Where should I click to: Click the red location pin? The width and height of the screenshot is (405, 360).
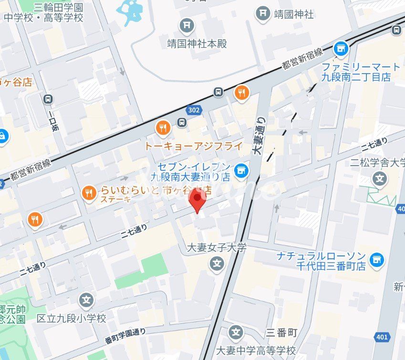point(197,200)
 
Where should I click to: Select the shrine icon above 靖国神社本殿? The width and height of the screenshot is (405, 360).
point(187,25)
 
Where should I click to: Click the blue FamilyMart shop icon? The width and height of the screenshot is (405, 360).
point(341,48)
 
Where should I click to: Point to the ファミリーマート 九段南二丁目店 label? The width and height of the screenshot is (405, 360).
point(361,72)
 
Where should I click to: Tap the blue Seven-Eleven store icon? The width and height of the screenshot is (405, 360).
point(241,170)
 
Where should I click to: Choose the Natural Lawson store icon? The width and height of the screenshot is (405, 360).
point(376,260)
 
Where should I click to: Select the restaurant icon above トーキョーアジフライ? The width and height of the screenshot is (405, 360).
point(163,127)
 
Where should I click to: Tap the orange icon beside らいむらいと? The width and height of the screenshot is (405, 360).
point(88,193)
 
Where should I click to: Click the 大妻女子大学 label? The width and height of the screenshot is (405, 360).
point(216,248)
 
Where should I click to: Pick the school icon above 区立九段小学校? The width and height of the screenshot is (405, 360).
point(86,300)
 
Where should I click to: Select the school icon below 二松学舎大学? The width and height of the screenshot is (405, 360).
point(380,179)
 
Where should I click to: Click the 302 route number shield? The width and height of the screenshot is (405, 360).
point(195,109)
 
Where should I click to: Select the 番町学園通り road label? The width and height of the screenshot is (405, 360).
point(125,336)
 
